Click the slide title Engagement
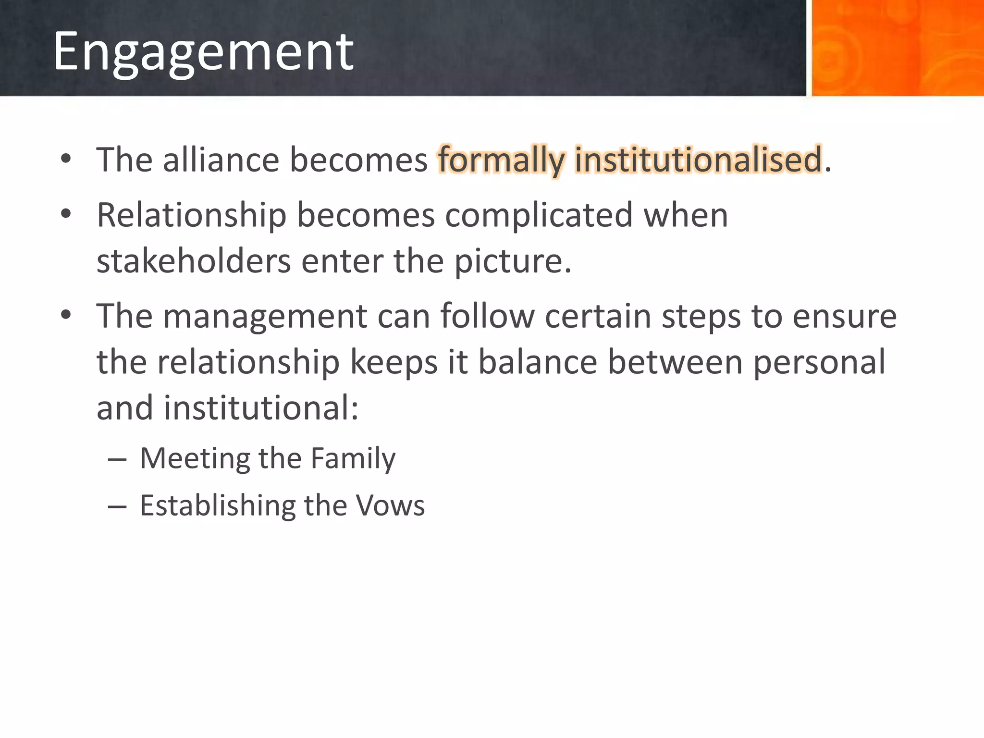pos(203,52)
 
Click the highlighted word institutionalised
pos(698,160)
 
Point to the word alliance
pos(221,160)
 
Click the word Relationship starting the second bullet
pos(192,215)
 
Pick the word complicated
pos(539,215)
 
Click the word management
pos(265,316)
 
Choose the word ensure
pos(844,316)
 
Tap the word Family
pos(353,458)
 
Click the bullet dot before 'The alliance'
pos(66,160)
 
